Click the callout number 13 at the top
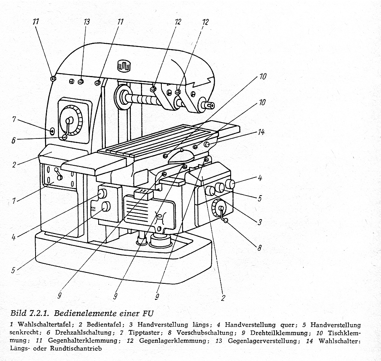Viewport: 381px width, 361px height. [x=87, y=22]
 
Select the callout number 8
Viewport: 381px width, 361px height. [x=260, y=248]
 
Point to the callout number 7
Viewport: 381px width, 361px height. [x=14, y=120]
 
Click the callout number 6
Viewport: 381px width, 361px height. [x=13, y=140]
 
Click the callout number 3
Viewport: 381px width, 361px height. [x=260, y=222]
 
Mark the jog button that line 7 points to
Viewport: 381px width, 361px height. [x=52, y=131]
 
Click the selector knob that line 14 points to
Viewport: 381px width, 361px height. [x=207, y=145]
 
